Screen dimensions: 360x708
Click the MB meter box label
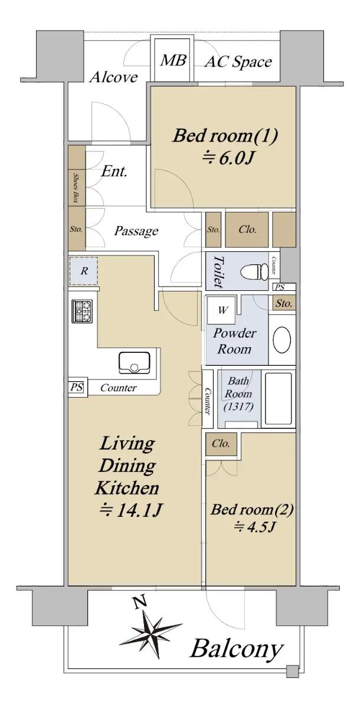[173, 60]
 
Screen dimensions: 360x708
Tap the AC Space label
[238, 62]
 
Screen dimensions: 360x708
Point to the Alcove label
[114, 77]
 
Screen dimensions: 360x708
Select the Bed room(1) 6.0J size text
[228, 158]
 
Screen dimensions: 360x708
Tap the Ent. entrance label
[114, 171]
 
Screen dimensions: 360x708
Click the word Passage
[136, 231]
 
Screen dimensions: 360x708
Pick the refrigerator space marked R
[83, 271]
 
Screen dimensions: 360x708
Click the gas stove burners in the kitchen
[82, 311]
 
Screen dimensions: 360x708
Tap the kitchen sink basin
[135, 362]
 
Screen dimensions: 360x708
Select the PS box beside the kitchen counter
[77, 387]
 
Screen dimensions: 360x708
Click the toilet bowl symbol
[254, 271]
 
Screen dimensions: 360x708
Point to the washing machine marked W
[221, 310]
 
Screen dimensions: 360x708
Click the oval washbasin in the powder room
[282, 340]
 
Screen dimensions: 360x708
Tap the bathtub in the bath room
[279, 399]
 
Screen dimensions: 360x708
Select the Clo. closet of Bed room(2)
[221, 444]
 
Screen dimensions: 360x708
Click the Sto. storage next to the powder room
[284, 304]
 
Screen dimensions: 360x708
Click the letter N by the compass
[139, 601]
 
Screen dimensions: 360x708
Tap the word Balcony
[237, 649]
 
